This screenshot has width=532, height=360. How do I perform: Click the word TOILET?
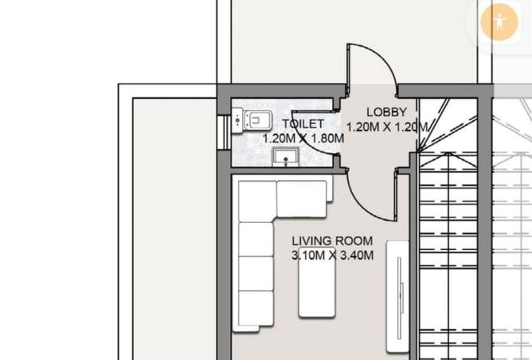(x=303, y=123)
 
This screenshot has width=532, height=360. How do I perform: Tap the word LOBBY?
(x=387, y=112)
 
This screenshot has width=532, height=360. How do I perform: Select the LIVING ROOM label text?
(x=332, y=241)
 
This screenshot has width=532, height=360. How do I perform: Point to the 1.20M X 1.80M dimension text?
(x=303, y=139)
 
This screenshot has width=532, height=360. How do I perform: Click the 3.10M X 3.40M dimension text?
(x=333, y=255)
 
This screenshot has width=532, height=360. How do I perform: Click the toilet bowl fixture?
(x=259, y=120)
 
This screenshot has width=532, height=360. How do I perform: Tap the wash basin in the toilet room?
(x=286, y=157)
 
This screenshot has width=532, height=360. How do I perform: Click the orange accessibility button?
(x=499, y=22)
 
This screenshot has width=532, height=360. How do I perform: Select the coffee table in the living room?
(x=317, y=283)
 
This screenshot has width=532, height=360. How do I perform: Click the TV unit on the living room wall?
(x=397, y=296)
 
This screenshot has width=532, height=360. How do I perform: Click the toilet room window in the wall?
(x=224, y=132)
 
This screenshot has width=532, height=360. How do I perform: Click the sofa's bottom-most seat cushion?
(x=256, y=308)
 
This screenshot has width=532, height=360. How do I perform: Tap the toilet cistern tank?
(x=237, y=120)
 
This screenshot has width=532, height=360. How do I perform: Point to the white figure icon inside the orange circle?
(x=499, y=22)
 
